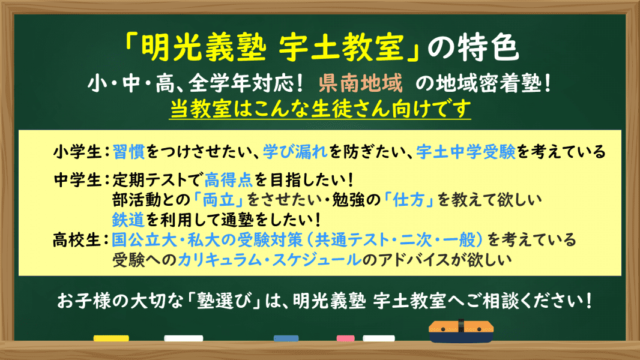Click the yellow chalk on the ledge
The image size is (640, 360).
point(111,338)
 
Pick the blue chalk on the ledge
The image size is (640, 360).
point(286,338)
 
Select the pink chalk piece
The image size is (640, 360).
point(346,338)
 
